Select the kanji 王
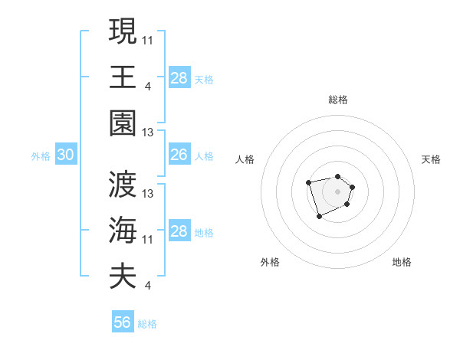[123, 77]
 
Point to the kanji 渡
[123, 184]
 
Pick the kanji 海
[123, 230]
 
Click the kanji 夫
[123, 277]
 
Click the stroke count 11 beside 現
[148, 40]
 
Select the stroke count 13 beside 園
[148, 133]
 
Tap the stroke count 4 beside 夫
[147, 286]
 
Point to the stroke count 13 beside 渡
[148, 194]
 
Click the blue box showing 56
[123, 322]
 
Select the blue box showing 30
[65, 155]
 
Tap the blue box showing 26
[179, 155]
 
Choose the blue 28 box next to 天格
[179, 78]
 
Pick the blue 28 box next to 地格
[179, 231]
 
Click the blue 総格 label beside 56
[147, 324]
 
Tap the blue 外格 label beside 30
[41, 156]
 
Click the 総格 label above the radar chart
[337, 100]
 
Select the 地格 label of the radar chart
[402, 262]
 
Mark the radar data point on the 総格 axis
[337, 177]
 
